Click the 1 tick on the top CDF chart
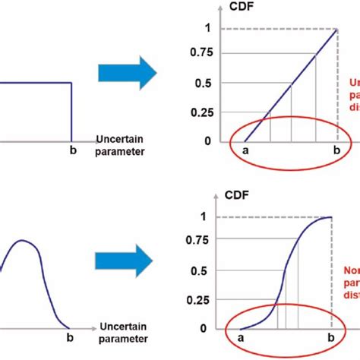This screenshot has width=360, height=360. pos(208,28)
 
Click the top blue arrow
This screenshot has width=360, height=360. pos(126,73)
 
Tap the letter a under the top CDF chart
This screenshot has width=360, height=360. pos(245,150)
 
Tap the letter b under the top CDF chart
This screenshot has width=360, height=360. pos(336,150)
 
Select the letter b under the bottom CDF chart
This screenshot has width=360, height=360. pos(330,337)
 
